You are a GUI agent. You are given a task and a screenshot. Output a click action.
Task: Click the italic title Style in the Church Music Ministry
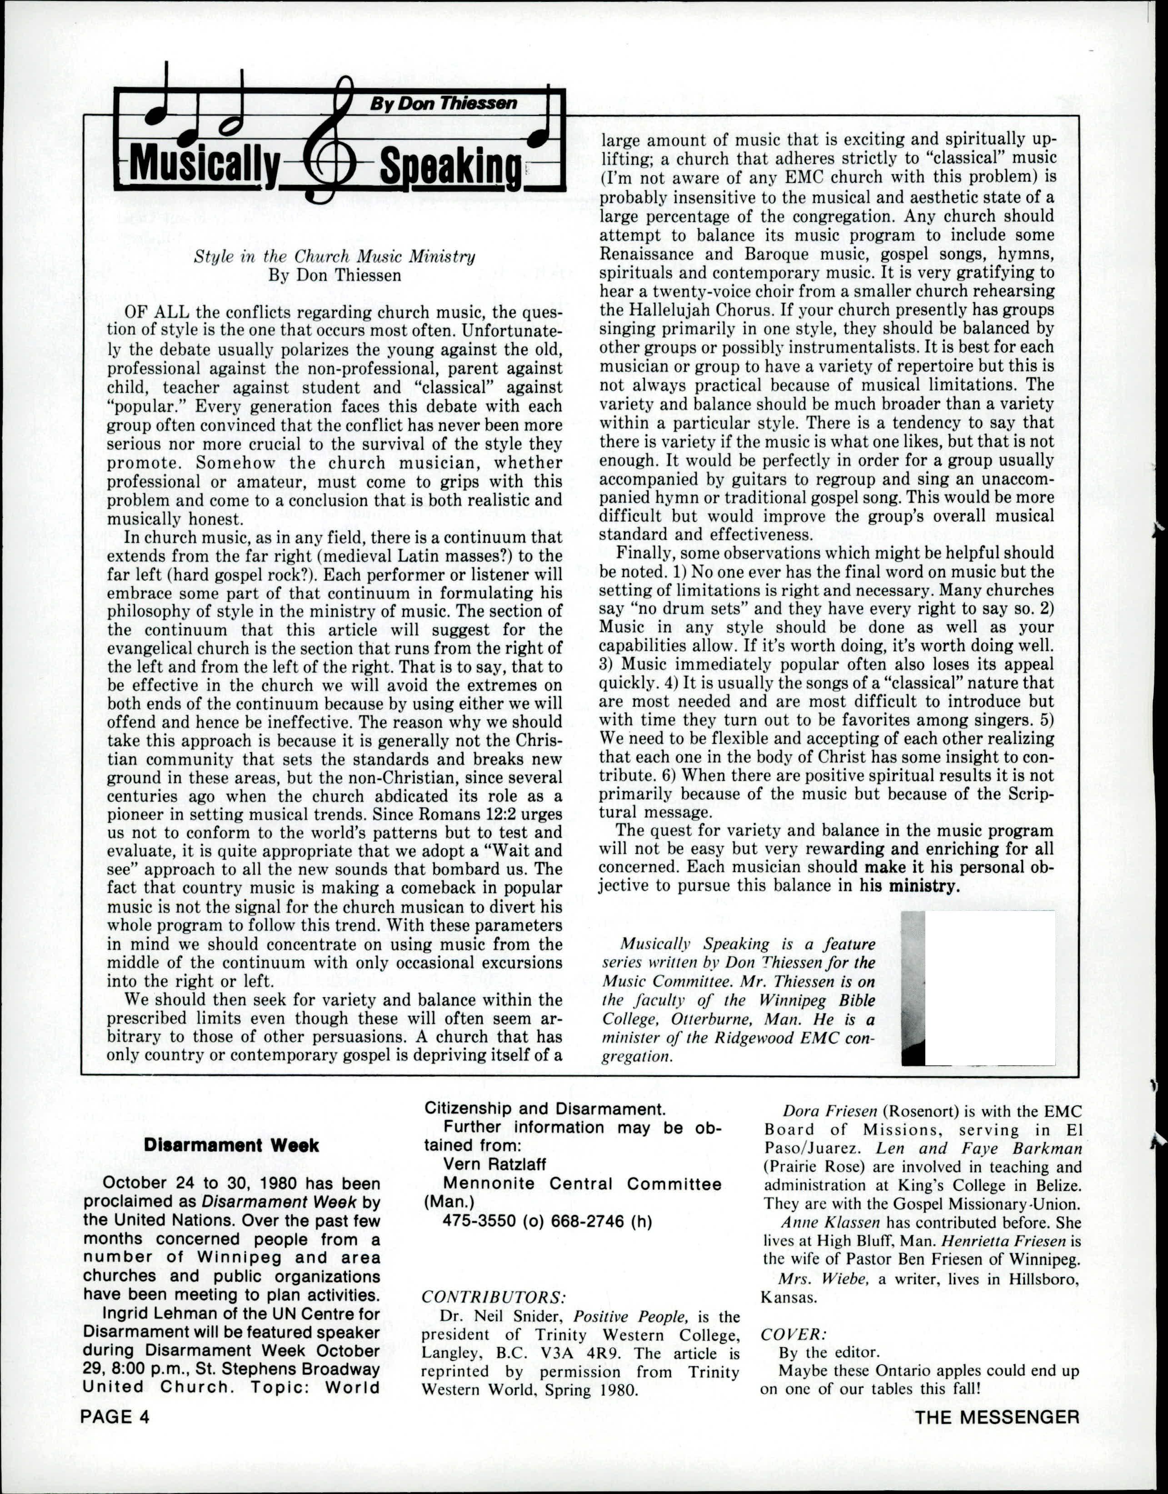tap(334, 257)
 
